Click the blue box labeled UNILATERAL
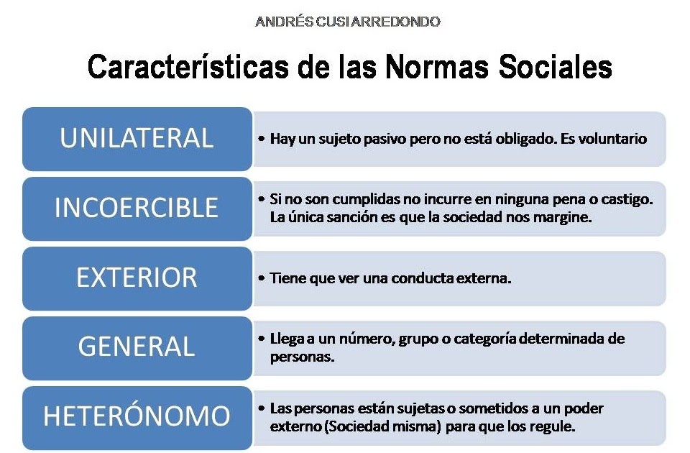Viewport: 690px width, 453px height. (x=137, y=139)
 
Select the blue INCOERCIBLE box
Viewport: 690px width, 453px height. (x=137, y=208)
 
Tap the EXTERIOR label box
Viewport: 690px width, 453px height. (x=137, y=278)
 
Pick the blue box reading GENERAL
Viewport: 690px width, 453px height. (x=137, y=347)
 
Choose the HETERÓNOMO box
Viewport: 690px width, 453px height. (x=137, y=416)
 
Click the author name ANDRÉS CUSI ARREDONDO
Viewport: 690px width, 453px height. (x=347, y=22)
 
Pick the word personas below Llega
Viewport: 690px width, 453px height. (x=302, y=356)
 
